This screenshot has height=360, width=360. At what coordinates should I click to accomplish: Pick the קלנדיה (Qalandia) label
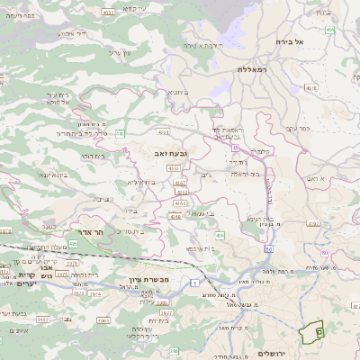(x=262, y=150)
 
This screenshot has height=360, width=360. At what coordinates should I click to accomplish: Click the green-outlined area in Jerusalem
(x=313, y=332)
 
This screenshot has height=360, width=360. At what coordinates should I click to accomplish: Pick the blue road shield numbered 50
(x=268, y=247)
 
